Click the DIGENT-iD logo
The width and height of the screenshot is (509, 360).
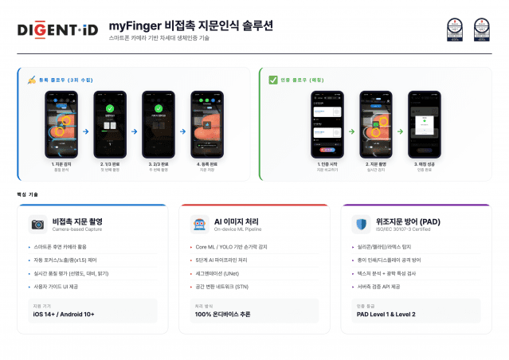57,30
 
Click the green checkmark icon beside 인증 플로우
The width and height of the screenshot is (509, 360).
273,80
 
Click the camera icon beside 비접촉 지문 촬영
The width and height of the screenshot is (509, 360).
37,224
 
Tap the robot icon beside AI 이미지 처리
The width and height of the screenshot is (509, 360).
199,224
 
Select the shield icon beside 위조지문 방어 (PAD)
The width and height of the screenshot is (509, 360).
361,224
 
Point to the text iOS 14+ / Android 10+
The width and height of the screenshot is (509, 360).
64,314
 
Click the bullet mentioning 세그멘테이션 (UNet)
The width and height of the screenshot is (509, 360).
221,273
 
